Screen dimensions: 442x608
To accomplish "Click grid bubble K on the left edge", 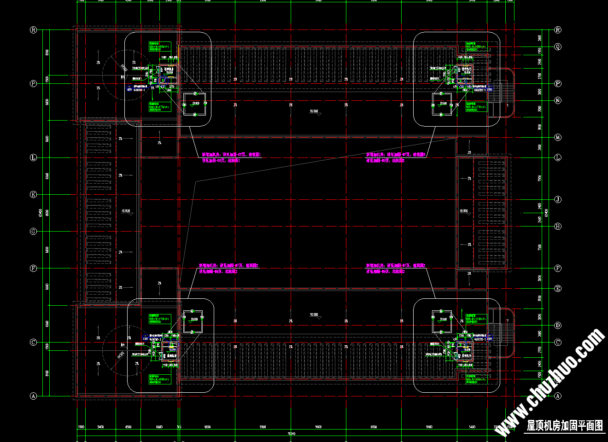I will pos(33,195).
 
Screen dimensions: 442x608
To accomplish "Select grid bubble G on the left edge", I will pos(33,232).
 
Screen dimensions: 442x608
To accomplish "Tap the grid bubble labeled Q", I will pos(558,47).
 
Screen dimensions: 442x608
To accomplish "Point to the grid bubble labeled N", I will pos(558,100).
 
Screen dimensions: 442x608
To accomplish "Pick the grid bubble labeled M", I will pos(558,137).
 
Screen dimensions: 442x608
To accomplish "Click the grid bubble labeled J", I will pos(558,199).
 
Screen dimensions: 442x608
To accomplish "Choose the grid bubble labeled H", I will pos(558,226).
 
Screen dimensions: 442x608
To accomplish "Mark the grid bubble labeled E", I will pos(558,289).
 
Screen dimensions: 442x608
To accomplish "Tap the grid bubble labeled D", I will pos(558,326).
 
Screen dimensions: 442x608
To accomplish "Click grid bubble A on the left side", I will pos(33,396).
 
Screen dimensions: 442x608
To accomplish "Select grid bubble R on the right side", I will pos(558,30).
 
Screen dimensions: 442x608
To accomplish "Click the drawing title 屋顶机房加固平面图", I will pos(565,425).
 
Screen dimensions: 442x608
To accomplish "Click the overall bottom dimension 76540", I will pos(291,434).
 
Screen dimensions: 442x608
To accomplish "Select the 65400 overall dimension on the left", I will pos(41,212).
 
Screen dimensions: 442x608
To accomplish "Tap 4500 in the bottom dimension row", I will pos(128,427).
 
